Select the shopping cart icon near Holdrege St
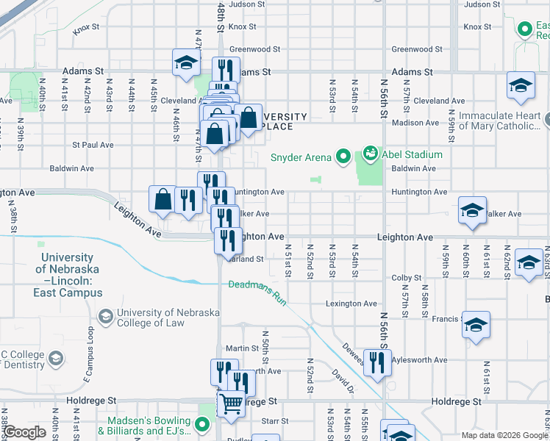tap(231, 404)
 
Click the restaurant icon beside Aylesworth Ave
tap(377, 362)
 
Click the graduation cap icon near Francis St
tap(476, 324)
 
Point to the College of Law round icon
tap(105, 317)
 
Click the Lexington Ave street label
tap(351, 304)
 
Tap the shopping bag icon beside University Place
tap(249, 118)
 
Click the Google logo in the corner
tap(24, 432)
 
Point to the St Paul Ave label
tap(92, 145)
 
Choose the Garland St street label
tap(246, 259)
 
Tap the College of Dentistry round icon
tap(55, 360)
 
